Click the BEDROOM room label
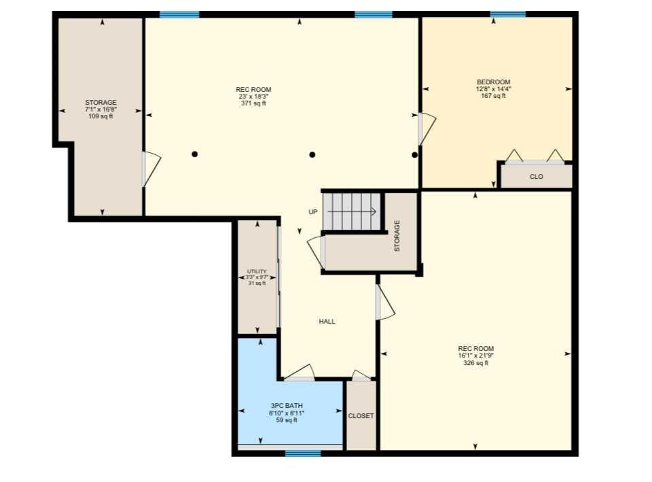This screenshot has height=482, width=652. click(x=493, y=82)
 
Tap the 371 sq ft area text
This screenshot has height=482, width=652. click(x=253, y=103)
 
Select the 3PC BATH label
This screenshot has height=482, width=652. click(x=287, y=405)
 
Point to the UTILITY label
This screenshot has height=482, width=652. click(x=257, y=271)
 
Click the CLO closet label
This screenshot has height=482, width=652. click(x=537, y=177)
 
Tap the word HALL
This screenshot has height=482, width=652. click(x=327, y=322)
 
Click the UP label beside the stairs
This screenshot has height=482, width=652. click(x=313, y=212)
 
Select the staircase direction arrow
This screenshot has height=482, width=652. click(x=352, y=211)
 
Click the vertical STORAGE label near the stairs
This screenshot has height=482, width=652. click(x=397, y=236)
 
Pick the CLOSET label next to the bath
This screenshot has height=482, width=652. click(x=361, y=416)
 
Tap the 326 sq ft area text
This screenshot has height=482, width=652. click(x=475, y=363)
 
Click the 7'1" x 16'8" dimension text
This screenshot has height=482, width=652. click(x=101, y=109)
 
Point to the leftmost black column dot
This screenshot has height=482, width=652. click(x=195, y=154)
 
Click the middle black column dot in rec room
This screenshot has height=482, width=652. click(x=312, y=154)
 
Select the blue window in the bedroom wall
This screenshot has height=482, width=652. click(x=508, y=14)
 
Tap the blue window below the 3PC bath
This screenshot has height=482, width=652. click(x=303, y=453)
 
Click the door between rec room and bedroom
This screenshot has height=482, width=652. click(x=427, y=128)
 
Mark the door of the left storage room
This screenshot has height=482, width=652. click(x=151, y=169)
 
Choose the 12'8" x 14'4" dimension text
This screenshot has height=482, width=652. click(x=493, y=88)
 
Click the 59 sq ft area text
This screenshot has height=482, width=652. click(x=287, y=420)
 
